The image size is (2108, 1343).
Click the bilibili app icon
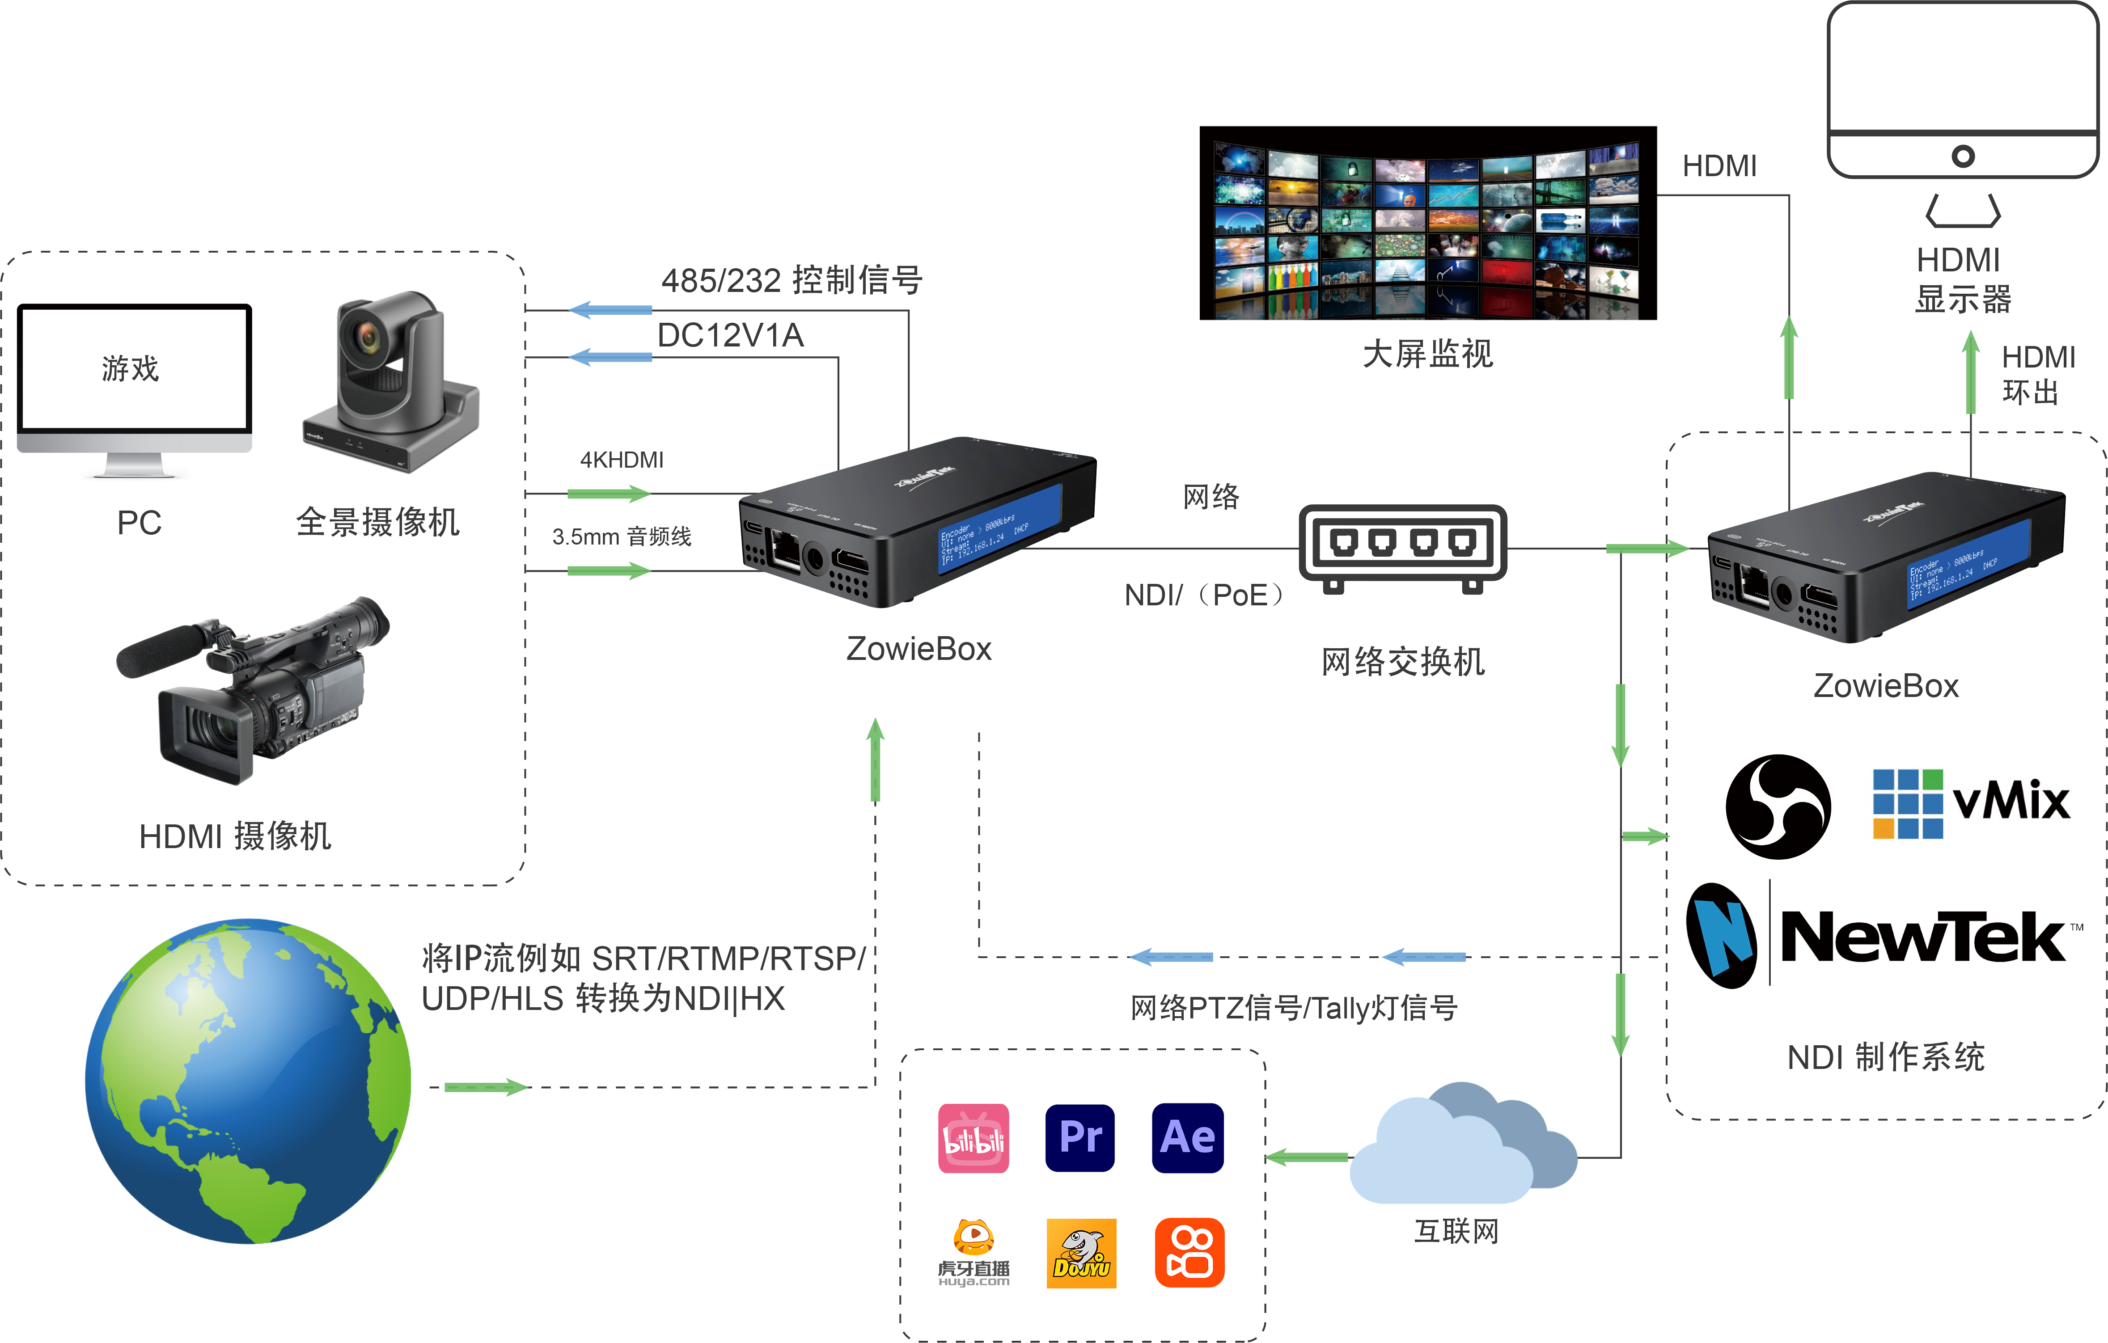point(974,1138)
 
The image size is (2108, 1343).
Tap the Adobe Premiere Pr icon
point(1080,1138)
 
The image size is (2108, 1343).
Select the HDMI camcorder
point(254,692)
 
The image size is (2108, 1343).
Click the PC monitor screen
point(135,367)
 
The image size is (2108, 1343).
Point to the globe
point(248,1081)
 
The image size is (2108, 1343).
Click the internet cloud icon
point(1462,1147)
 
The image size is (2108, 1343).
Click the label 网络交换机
point(1402,662)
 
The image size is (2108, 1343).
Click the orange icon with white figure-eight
point(1189,1253)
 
